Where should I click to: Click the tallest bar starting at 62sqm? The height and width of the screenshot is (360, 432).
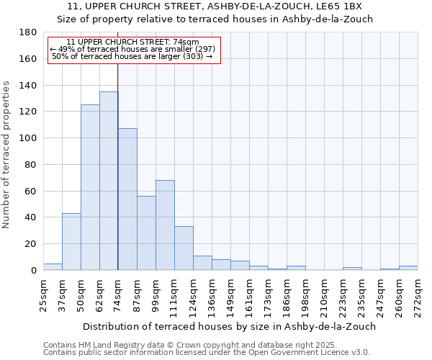(109, 181)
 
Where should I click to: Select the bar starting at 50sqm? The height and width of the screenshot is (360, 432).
(90, 187)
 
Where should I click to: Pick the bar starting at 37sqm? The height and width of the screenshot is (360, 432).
(71, 241)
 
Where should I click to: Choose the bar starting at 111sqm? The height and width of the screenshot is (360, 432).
(184, 248)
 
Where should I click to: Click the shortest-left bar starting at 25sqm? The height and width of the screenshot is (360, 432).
(53, 266)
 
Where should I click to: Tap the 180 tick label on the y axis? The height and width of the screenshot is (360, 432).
(29, 32)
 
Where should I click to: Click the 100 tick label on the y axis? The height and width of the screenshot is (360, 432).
(29, 138)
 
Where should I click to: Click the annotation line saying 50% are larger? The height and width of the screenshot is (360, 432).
(132, 56)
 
